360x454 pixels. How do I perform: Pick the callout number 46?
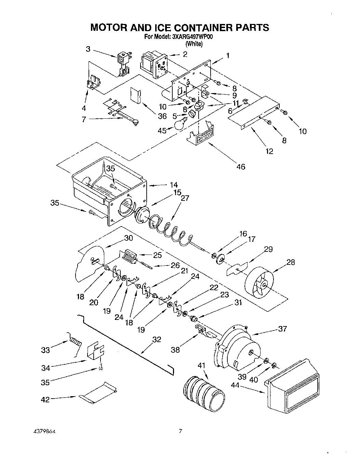click(241, 167)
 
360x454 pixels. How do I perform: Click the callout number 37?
click(282, 329)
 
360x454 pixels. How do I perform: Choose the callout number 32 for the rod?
click(157, 340)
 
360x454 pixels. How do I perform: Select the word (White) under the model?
click(194, 44)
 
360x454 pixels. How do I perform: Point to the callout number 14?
click(174, 185)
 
